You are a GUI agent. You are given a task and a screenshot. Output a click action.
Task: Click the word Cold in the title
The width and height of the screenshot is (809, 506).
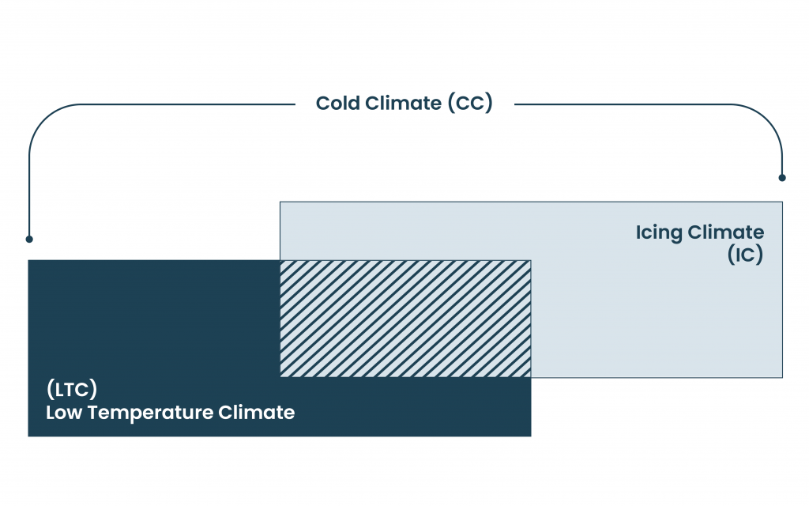338,104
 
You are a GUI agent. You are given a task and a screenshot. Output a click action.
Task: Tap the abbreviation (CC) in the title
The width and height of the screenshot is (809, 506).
470,104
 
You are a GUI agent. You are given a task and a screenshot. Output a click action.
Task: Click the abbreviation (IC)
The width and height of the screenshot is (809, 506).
745,255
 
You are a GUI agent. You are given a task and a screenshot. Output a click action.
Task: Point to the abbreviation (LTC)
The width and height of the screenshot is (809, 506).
72,389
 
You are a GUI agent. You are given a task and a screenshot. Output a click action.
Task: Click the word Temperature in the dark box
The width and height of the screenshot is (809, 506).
149,413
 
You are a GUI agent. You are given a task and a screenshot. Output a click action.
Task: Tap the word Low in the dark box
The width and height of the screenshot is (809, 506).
64,413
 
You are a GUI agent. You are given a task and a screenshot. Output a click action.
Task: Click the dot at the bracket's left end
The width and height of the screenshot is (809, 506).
29,239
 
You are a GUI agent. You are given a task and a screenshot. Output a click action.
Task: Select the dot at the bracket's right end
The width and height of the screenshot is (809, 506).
782,178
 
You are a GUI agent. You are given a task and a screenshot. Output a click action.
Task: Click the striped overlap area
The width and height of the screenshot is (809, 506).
405,319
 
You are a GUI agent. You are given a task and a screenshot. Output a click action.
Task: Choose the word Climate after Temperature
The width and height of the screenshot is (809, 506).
257,413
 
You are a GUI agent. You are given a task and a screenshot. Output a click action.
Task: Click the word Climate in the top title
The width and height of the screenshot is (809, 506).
404,104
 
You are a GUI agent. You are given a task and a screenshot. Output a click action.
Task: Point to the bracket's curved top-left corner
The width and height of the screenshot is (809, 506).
45,120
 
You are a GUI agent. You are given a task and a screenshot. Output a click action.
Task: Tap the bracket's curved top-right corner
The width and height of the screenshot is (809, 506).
766,120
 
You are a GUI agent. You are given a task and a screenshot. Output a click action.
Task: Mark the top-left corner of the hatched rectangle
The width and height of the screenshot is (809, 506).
280,260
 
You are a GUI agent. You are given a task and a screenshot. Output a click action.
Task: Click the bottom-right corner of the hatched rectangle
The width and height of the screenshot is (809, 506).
531,377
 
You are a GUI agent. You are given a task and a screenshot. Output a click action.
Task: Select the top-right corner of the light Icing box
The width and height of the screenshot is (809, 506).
782,202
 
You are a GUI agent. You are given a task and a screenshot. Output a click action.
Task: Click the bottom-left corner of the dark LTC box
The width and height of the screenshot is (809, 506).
28,436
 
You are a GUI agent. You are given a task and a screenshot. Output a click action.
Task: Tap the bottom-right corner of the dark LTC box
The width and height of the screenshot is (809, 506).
531,436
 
